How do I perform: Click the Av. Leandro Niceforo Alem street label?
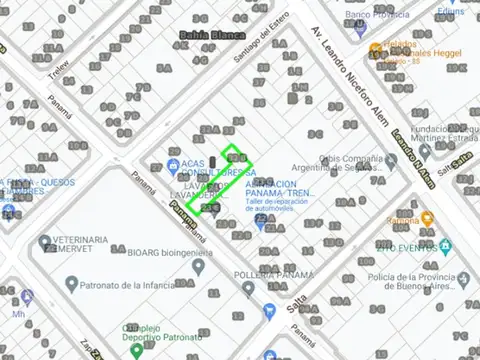click(350, 70)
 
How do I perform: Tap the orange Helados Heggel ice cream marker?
click(376, 49)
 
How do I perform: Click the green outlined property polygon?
click(219, 178)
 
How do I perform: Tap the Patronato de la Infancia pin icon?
click(71, 284)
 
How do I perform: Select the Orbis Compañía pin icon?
click(391, 159)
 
